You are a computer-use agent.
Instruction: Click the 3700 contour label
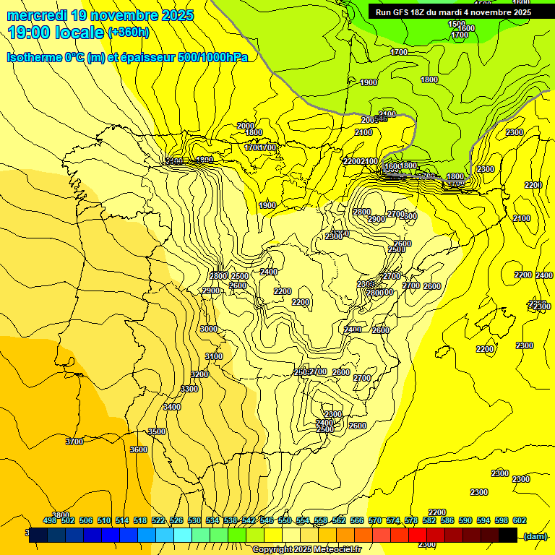74,441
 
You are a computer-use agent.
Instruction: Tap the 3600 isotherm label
139,449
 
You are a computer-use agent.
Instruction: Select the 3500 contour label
157,431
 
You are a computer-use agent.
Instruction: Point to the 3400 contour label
172,407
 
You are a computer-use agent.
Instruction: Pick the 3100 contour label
214,356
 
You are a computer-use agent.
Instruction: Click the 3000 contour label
209,329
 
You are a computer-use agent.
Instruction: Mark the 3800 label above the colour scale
61,515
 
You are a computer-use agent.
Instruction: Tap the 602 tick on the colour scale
519,520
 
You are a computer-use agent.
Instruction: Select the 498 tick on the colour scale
50,520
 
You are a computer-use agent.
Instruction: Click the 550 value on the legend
284,520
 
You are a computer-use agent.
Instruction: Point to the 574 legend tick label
393,520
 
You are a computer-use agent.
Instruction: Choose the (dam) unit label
535,535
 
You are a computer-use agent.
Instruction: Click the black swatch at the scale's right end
508,535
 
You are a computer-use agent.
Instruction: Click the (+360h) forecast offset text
129,33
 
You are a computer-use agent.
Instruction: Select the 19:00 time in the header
29,33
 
